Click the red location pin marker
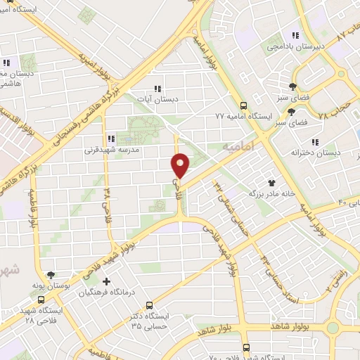point(181,165)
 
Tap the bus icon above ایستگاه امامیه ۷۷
point(245,103)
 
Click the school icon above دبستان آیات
point(157,89)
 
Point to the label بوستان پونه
point(49,286)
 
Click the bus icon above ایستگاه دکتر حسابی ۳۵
point(150,306)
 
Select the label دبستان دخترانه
point(316,152)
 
